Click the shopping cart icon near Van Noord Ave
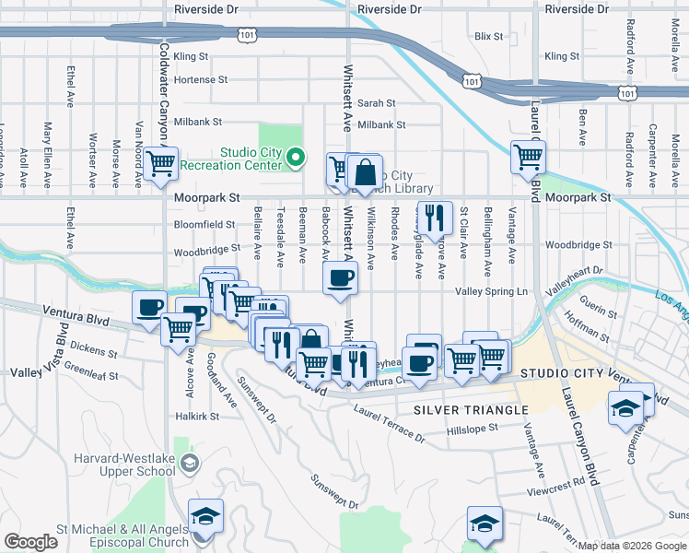(161, 164)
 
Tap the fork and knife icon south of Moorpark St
(435, 218)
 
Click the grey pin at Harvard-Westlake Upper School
(189, 462)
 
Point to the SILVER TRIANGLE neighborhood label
(471, 409)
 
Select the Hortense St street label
(200, 80)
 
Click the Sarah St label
(377, 103)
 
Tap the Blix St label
(488, 37)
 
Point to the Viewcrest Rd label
(565, 481)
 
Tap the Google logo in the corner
(30, 542)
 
